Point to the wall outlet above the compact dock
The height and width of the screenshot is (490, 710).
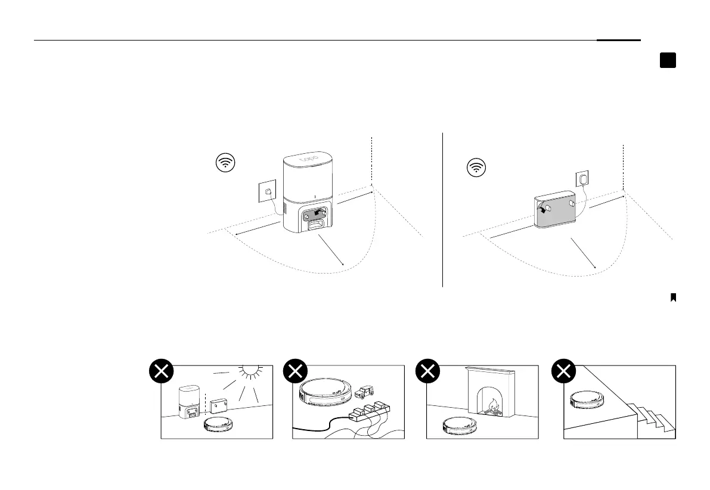tap(582, 178)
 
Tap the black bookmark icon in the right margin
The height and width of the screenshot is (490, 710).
tap(673, 297)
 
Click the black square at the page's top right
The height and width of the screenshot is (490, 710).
tap(668, 60)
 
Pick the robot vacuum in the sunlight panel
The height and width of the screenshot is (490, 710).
tap(219, 424)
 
